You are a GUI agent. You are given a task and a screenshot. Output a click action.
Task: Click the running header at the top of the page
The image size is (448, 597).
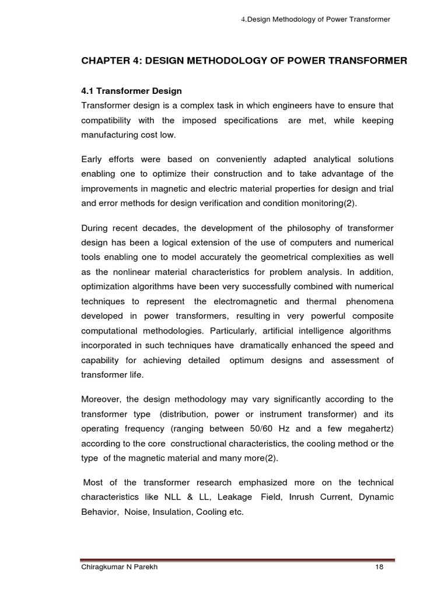315,20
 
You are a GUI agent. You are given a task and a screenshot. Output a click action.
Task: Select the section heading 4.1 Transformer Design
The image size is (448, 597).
131,91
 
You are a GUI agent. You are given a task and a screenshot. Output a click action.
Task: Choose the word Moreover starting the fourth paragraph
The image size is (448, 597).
101,399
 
